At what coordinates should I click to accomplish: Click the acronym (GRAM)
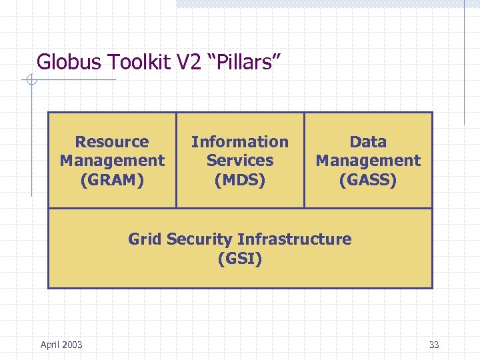tap(112, 179)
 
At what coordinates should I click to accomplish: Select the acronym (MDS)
tap(240, 179)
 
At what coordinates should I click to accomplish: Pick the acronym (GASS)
tap(368, 179)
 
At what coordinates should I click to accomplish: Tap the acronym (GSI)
tap(240, 258)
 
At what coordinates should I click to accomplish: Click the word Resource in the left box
tap(112, 141)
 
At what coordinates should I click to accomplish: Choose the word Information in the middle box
tap(240, 141)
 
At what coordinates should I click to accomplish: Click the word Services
tap(240, 160)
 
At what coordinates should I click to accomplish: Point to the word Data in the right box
tap(368, 141)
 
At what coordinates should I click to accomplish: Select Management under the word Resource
tap(112, 160)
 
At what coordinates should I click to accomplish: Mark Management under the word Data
tap(368, 160)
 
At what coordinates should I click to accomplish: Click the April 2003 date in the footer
tap(61, 344)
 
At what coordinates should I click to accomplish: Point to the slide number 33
tap(434, 345)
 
